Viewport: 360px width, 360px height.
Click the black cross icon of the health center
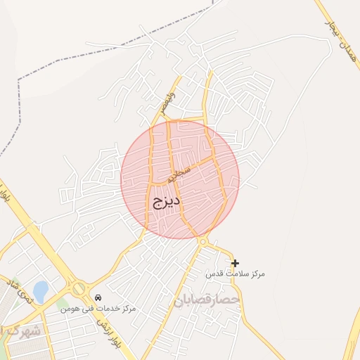click(235, 263)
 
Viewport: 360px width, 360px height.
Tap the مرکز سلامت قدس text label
click(235, 273)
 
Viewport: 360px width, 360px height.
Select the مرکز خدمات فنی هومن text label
click(98, 309)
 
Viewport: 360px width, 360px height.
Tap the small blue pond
click(40, 290)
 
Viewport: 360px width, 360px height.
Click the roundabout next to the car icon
click(79, 289)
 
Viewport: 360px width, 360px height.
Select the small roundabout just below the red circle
click(203, 242)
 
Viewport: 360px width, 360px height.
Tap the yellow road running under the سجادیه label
click(190, 168)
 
